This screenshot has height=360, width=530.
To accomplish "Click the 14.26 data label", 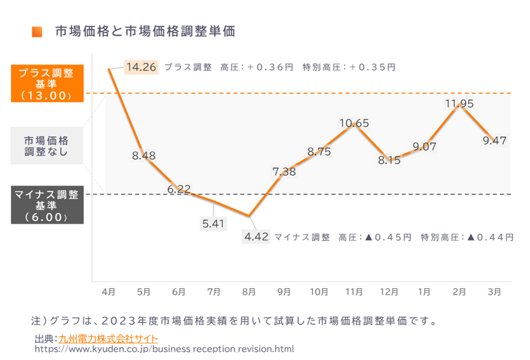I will tap(141, 67).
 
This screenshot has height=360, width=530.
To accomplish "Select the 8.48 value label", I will tap(144, 156).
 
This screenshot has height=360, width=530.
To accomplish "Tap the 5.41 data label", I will tap(213, 224).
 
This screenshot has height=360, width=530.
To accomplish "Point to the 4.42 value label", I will tap(256, 237).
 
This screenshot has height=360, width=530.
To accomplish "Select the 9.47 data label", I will tap(494, 140).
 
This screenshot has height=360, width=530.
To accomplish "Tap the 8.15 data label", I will tap(389, 161).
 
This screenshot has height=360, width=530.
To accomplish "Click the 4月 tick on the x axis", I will tap(108, 292).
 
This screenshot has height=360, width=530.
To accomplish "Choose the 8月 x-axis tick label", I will tap(249, 292).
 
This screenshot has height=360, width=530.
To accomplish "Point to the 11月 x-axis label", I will tap(354, 292).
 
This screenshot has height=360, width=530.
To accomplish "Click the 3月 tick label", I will tap(495, 292).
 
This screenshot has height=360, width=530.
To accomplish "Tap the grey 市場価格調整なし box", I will tap(46, 145).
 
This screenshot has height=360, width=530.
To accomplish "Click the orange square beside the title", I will tap(37, 32).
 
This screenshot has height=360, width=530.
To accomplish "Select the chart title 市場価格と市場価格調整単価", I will tap(145, 32).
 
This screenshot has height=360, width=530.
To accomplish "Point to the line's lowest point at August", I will tap(249, 216).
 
